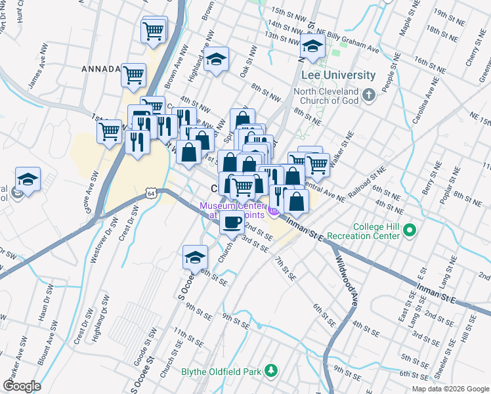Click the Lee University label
[x=335, y=76]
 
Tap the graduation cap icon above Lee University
[x=313, y=47]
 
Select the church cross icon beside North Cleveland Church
[x=369, y=96]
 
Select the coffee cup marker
[x=232, y=222]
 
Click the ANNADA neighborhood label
[x=100, y=69]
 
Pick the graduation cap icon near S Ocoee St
[x=195, y=257]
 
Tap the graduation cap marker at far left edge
[x=28, y=179]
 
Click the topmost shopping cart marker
[x=153, y=30]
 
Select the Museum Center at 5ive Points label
[x=234, y=210]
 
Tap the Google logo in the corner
[x=22, y=386]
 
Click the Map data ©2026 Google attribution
[x=450, y=389]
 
